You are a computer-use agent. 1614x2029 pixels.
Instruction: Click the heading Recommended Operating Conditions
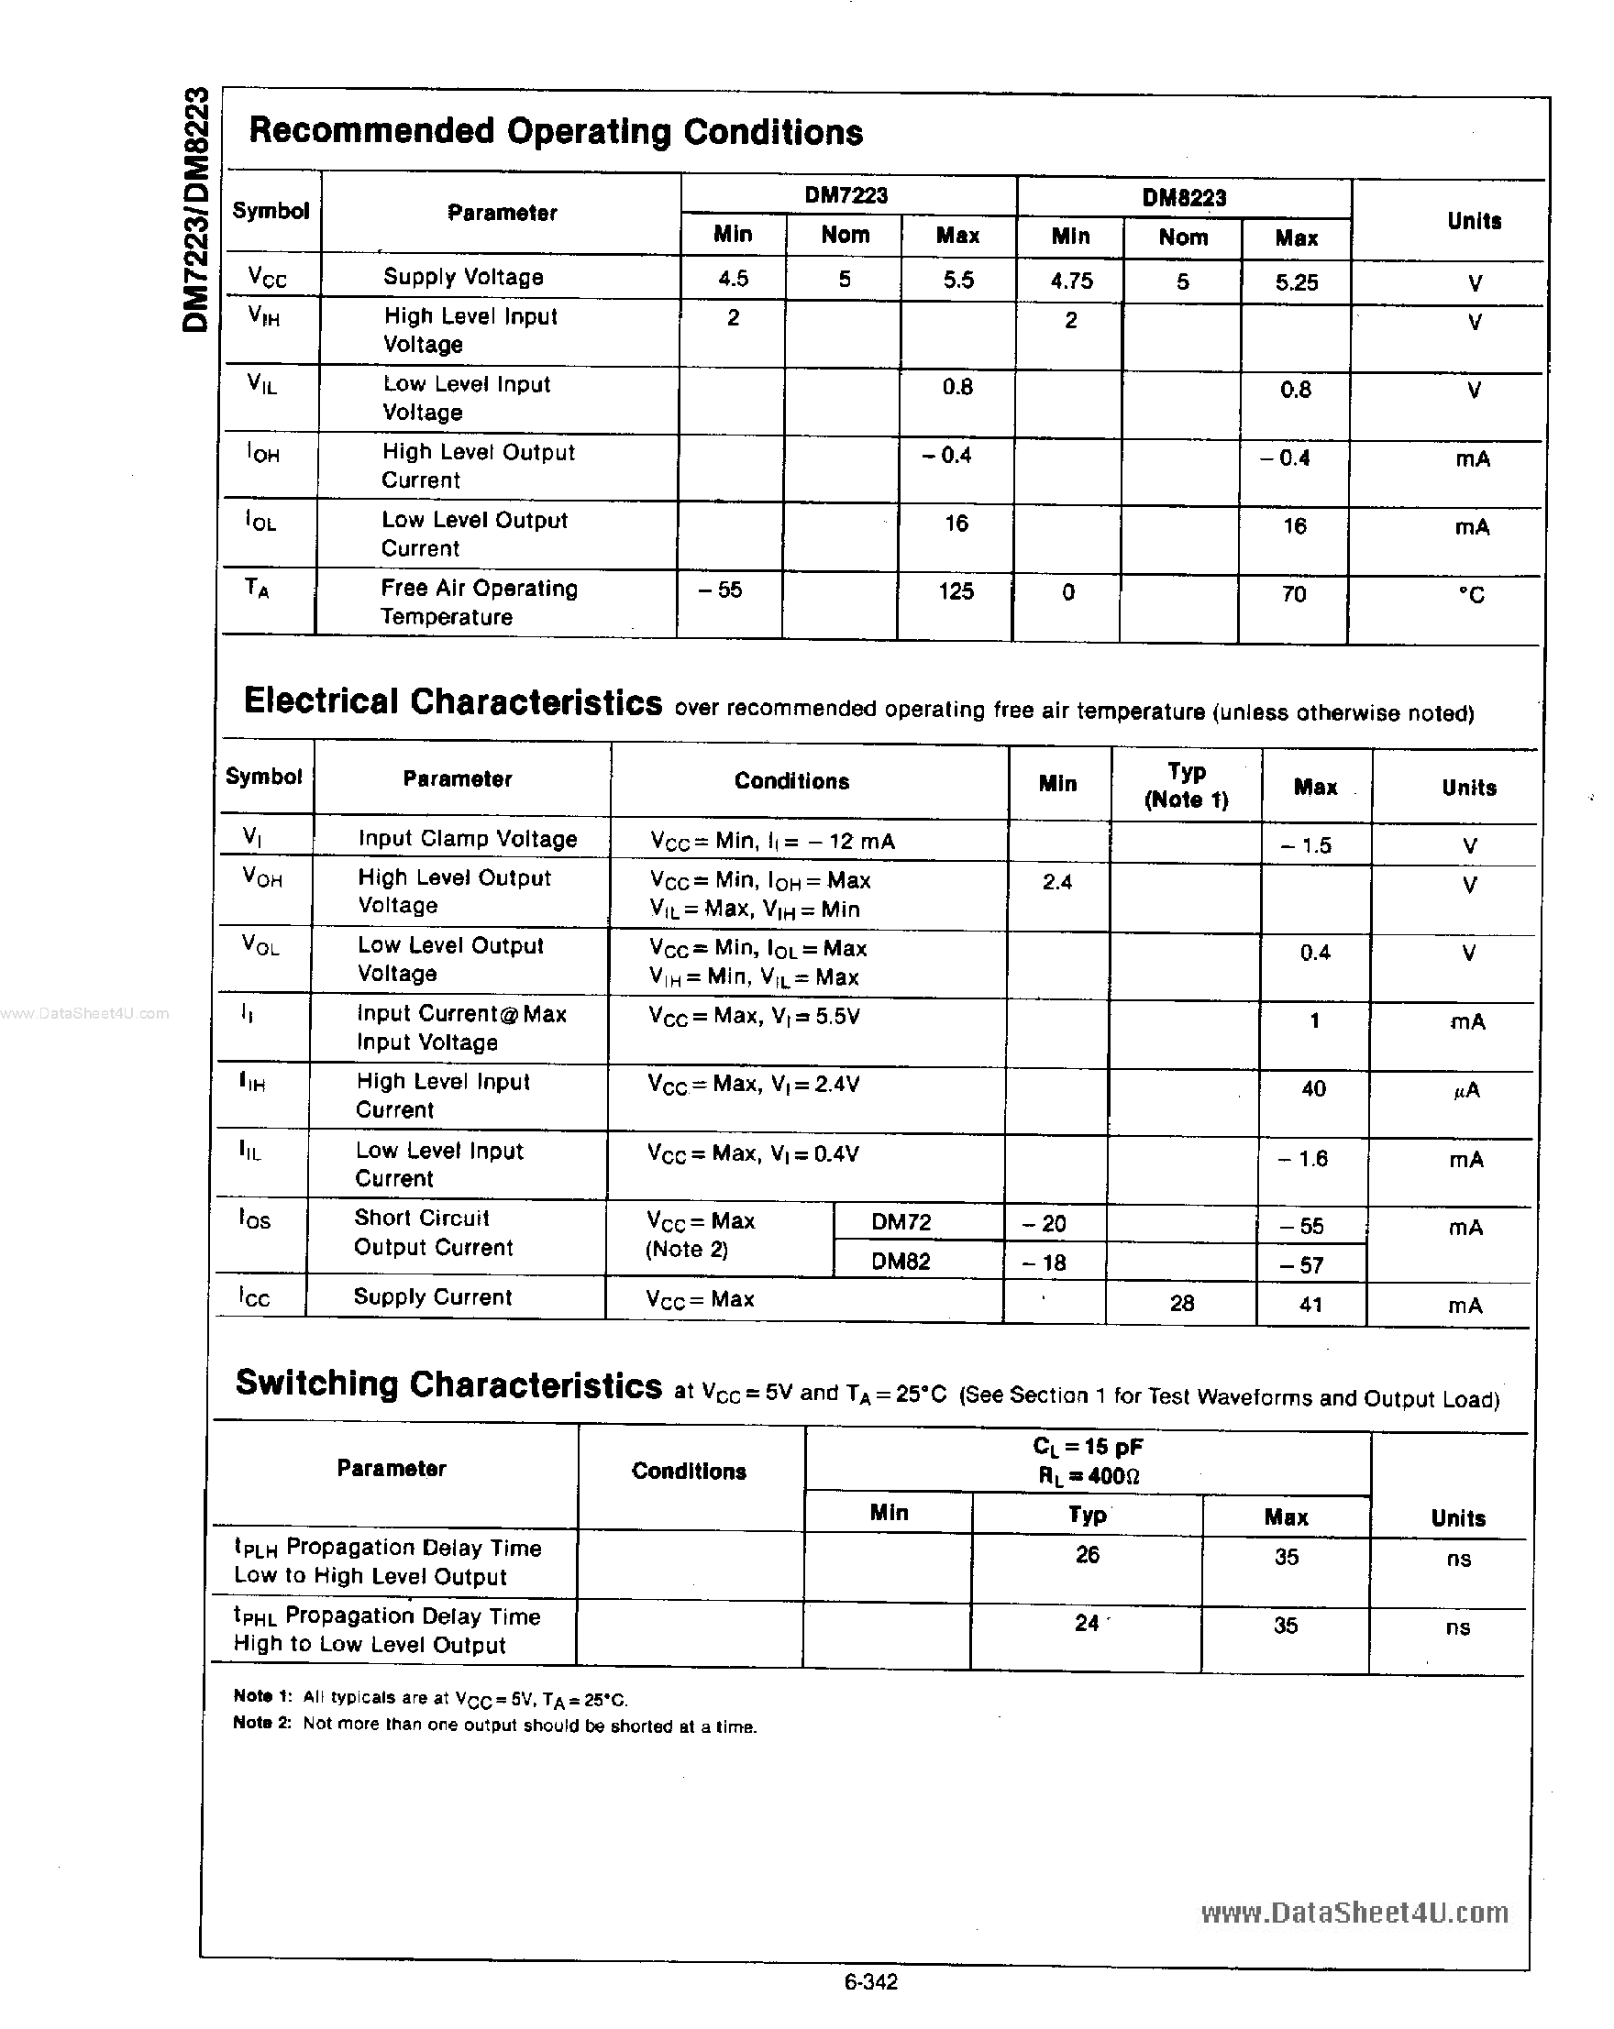[555, 131]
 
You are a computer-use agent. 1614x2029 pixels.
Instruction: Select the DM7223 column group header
[846, 194]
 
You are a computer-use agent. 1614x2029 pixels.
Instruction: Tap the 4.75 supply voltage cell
[1071, 281]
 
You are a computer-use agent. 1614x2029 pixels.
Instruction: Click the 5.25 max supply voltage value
[1296, 282]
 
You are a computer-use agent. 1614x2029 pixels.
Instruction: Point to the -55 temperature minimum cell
[720, 590]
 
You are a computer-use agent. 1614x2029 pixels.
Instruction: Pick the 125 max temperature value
[956, 591]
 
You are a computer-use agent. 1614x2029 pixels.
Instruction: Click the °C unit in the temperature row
[1471, 595]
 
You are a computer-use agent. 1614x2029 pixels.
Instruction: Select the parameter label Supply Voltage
[463, 277]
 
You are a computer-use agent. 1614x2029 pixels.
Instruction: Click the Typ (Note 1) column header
[1186, 785]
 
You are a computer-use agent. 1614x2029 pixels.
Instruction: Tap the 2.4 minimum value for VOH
[1056, 882]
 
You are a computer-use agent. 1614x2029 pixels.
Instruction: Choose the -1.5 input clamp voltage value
[1306, 845]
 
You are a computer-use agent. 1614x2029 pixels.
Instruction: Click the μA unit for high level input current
[1466, 1090]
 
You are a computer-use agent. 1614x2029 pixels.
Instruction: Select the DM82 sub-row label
[901, 1261]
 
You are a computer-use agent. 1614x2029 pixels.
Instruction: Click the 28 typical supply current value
[1182, 1303]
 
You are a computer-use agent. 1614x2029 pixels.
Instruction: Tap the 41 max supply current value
[1310, 1305]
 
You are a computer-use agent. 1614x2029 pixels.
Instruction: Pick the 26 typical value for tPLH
[1087, 1555]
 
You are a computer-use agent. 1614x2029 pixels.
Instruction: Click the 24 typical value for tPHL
[1087, 1623]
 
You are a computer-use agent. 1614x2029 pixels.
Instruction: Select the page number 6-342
[870, 1982]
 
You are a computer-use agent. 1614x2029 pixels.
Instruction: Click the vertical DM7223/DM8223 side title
[194, 209]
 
